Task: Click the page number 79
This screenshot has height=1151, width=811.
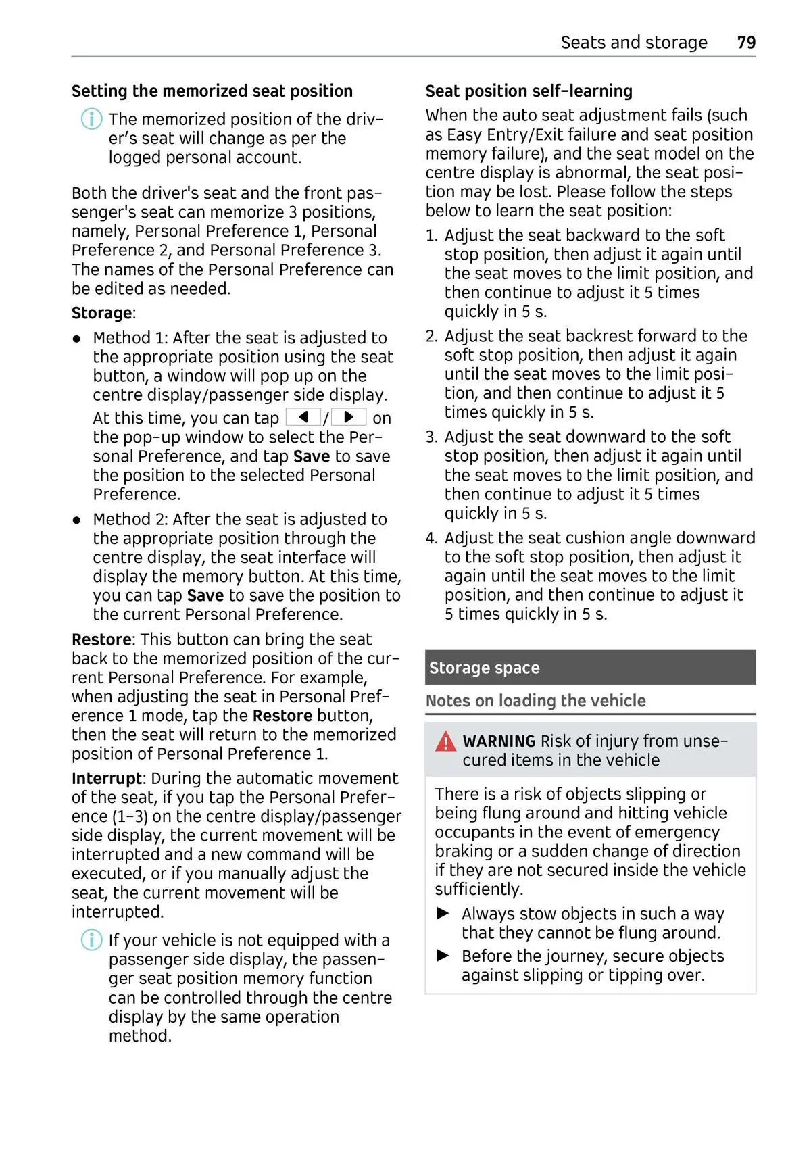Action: coord(746,43)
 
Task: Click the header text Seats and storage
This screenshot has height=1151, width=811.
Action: coord(633,43)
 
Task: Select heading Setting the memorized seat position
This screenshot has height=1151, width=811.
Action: coord(212,91)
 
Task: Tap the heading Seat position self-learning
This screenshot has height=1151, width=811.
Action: coord(529,91)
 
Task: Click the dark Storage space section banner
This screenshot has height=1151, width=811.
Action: coord(590,667)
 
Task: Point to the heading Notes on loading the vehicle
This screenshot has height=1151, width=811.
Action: coord(535,701)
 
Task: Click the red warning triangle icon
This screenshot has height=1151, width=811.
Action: coord(445,742)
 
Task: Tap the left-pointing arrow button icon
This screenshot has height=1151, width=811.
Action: coord(303,417)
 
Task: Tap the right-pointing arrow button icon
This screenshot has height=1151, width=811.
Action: coord(349,417)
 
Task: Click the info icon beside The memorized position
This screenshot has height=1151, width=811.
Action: coord(91,120)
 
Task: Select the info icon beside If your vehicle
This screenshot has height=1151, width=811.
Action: coord(91,940)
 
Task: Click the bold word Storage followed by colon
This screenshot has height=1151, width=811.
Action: coord(101,313)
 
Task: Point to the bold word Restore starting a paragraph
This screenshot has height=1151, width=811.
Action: coord(101,639)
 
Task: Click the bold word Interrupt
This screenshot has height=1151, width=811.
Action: coord(106,779)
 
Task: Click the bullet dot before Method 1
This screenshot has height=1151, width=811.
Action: coord(78,338)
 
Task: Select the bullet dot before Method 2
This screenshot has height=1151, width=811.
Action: coord(78,520)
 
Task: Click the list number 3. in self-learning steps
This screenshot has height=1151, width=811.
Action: coord(432,437)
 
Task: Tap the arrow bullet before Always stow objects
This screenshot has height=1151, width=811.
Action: coord(443,914)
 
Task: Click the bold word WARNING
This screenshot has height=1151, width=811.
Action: coord(499,741)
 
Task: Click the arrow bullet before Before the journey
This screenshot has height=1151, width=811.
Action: coord(443,956)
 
